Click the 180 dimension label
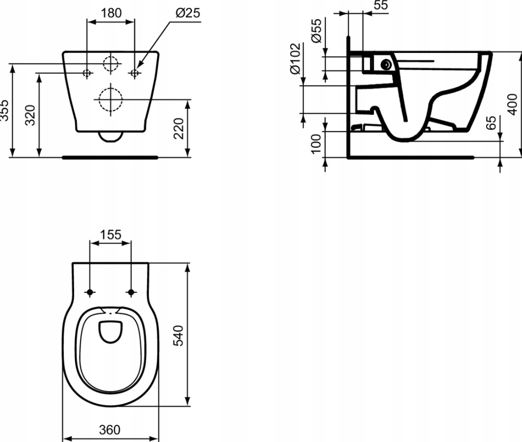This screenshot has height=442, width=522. point(111,13)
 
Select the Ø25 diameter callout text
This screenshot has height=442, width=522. point(188,13)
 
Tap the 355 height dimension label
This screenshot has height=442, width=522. point(4,110)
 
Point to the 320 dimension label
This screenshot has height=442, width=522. point(31,115)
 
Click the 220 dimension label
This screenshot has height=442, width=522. point(179,128)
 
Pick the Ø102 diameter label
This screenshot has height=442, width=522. point(295,59)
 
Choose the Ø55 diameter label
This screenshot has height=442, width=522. point(316,31)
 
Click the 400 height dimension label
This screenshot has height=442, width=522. point(513,105)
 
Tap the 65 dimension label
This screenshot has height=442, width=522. point(491,123)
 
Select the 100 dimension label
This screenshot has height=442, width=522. point(316,144)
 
